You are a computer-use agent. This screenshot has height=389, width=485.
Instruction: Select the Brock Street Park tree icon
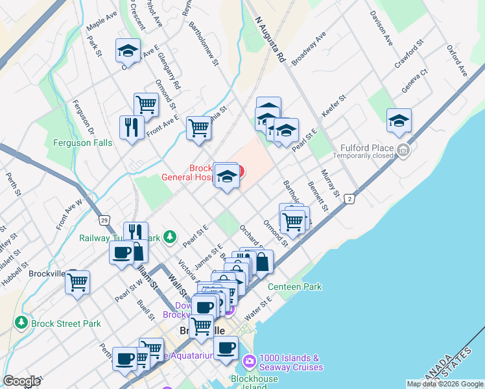[21, 323]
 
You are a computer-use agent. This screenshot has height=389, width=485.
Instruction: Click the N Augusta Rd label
[271, 40]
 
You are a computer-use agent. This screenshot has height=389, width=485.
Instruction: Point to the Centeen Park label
[295, 287]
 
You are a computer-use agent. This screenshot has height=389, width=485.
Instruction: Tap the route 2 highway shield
[350, 199]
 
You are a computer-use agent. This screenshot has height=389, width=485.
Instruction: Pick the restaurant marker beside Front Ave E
[132, 128]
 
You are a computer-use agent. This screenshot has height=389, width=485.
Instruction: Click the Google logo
[21, 381]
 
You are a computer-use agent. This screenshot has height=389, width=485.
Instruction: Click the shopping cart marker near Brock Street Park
[78, 283]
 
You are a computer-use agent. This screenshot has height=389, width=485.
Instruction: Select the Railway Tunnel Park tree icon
[171, 237]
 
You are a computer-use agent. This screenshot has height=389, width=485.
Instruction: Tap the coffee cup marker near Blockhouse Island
[226, 348]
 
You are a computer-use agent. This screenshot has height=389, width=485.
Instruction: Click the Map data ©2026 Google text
[445, 384]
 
